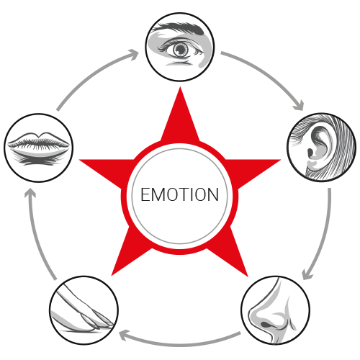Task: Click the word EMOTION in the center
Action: point(179,194)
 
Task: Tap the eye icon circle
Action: point(180,47)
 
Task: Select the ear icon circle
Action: point(322,147)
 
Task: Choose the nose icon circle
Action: point(276,310)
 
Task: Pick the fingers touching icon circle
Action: point(84,310)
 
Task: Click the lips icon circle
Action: point(38,148)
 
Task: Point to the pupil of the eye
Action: point(181,50)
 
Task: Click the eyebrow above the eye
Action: point(179,28)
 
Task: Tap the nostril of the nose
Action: point(266,325)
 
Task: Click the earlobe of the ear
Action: point(312,165)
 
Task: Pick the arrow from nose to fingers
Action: point(179,343)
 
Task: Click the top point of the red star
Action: point(180,87)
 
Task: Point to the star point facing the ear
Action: point(280,160)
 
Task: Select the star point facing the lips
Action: point(80,160)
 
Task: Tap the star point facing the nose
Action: point(247,276)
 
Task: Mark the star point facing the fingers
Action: point(112,275)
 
